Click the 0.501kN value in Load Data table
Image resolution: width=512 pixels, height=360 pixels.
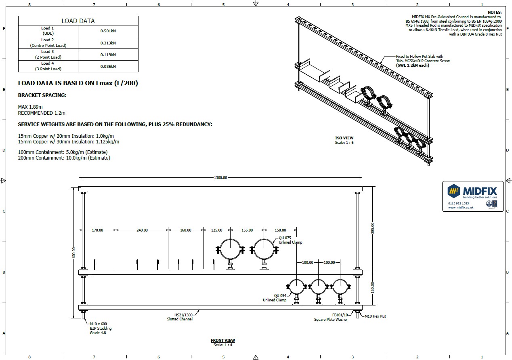pyautogui.click(x=108, y=31)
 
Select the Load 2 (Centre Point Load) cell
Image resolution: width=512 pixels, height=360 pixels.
pyautogui.click(x=48, y=43)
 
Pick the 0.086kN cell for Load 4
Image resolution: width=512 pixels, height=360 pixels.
pyautogui.click(x=108, y=66)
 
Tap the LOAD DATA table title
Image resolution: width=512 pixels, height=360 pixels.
pyautogui.click(x=78, y=21)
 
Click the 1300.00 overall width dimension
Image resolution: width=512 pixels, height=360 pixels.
pyautogui.click(x=220, y=177)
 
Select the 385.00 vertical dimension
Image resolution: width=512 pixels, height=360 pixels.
pyautogui.click(x=372, y=228)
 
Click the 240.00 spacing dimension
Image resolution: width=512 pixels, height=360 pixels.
pyautogui.click(x=142, y=230)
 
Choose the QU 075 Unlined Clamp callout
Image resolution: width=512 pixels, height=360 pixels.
pyautogui.click(x=290, y=240)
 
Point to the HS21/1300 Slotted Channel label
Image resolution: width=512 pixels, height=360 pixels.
pyautogui.click(x=180, y=317)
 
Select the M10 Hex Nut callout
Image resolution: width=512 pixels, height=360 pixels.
pyautogui.click(x=375, y=316)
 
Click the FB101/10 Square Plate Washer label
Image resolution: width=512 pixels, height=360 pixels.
pyautogui.click(x=331, y=317)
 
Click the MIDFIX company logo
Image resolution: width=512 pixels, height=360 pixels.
pyautogui.click(x=472, y=191)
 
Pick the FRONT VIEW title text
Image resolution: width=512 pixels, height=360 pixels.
pyautogui.click(x=223, y=341)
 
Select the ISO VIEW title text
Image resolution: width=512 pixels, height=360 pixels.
pyautogui.click(x=344, y=139)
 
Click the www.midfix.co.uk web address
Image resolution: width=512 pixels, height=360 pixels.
pyautogui.click(x=460, y=207)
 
